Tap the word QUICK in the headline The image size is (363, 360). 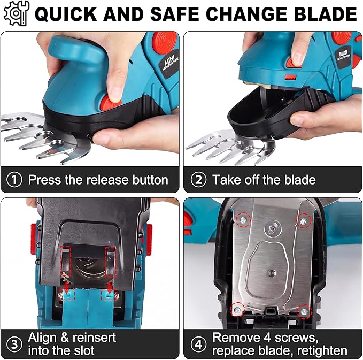pyautogui.click(x=66, y=14)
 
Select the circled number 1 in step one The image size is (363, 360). pyautogui.click(x=14, y=180)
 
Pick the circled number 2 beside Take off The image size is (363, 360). pyautogui.click(x=198, y=180)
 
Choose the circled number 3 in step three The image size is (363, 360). pyautogui.click(x=14, y=344)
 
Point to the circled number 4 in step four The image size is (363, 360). pyautogui.click(x=198, y=344)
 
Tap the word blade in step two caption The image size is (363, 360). pyautogui.click(x=300, y=180)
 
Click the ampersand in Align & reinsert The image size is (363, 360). pyautogui.click(x=65, y=338)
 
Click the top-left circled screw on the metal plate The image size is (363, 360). pyautogui.click(x=243, y=220)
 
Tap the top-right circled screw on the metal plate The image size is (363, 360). pyautogui.click(x=304, y=221)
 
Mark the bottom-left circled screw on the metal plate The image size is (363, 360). pyautogui.click(x=237, y=310)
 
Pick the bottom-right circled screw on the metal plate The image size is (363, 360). pyautogui.click(x=305, y=311)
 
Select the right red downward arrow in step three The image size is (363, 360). pyautogui.click(x=109, y=287)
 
